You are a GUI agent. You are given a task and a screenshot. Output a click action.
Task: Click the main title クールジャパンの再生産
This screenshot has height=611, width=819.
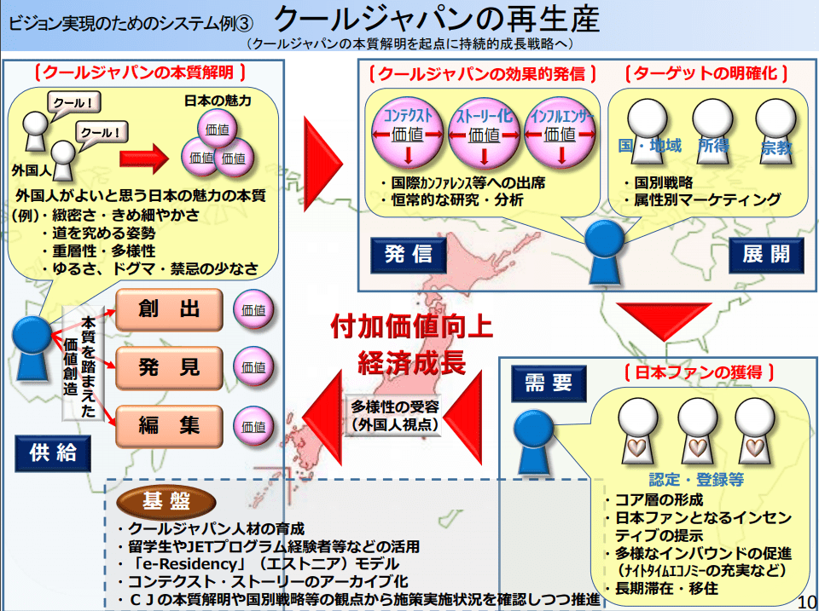pos(438,18)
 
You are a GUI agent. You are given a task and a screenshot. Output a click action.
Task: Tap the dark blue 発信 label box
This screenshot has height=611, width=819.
pos(407,254)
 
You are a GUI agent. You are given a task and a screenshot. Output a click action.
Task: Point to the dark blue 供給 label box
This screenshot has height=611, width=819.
pos(52,452)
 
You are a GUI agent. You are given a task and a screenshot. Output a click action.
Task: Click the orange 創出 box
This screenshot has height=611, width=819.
pos(169,308)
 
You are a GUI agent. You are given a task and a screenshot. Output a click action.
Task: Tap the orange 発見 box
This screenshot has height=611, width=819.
pos(169,366)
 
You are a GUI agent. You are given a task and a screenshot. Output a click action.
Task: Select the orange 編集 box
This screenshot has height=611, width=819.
pos(169,424)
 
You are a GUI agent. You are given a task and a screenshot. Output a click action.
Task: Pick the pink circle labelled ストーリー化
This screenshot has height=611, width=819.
pos(484,132)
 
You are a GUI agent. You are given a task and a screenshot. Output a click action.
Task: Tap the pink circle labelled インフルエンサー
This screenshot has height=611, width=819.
pos(560,132)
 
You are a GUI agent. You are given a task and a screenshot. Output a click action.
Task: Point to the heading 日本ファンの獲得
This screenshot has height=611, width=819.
pos(699,372)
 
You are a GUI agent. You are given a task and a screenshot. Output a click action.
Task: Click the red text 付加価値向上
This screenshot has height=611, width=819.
pos(401,326)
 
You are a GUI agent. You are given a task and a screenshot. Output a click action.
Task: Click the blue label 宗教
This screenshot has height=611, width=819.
pos(775,148)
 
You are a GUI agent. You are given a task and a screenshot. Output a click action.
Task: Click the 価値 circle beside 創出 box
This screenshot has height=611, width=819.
pos(253,308)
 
